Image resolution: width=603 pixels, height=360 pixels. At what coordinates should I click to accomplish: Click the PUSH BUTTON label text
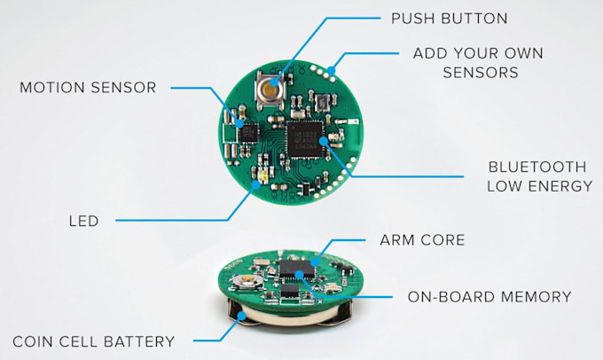coord(450,19)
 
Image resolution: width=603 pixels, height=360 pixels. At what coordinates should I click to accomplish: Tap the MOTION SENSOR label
coord(88,88)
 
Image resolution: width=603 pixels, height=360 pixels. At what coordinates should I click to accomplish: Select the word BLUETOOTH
coord(537,168)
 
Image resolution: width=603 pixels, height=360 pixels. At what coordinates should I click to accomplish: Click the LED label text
coord(84,221)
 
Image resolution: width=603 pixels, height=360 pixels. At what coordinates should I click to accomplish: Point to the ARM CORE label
coord(422,240)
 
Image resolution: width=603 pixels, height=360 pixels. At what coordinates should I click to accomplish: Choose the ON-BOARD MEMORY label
coord(489,297)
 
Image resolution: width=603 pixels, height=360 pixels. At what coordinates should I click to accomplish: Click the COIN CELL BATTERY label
coord(93,341)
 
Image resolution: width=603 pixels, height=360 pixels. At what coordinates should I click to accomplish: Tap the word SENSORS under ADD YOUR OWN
coord(481,73)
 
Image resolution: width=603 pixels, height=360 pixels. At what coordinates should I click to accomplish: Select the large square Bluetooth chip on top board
coord(305,139)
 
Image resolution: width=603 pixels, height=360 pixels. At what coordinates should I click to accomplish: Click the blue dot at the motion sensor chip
coord(240,124)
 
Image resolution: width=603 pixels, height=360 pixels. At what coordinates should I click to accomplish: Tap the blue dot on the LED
coord(255,185)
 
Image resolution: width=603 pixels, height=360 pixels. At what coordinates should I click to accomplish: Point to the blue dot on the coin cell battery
coord(241,317)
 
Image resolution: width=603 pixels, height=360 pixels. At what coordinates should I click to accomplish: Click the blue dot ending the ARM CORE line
coord(315,262)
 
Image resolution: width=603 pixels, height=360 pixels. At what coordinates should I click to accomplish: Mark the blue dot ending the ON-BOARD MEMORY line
coord(299,274)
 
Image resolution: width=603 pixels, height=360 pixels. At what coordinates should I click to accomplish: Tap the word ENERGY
coord(560,186)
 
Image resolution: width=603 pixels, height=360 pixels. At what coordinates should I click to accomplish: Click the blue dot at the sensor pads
coord(331,70)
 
